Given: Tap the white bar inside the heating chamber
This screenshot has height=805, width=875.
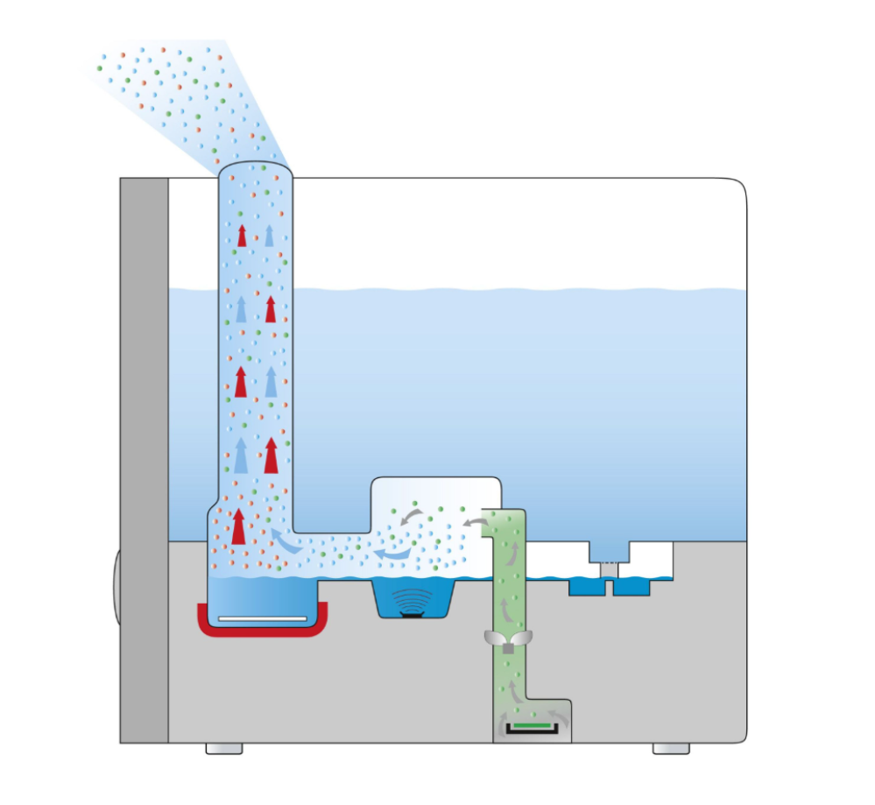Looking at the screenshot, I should (263, 618).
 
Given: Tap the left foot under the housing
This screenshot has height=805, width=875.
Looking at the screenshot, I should (223, 749).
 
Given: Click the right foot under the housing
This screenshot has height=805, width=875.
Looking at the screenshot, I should (671, 749).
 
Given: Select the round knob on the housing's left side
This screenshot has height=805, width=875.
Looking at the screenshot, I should (116, 587).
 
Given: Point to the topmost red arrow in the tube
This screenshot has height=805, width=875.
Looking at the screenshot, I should (243, 235).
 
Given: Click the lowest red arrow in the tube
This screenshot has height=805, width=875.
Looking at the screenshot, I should (238, 526).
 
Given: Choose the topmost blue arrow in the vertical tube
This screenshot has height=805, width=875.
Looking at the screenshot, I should (269, 235).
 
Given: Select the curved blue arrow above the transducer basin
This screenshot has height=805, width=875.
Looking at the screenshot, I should (391, 555).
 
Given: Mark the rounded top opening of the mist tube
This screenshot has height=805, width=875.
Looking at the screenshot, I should (255, 172).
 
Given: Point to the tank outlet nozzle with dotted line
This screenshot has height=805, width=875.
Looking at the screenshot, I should (609, 552).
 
